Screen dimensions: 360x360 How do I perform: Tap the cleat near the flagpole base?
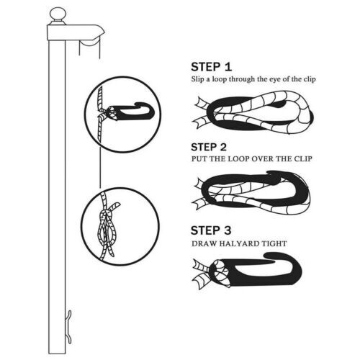pos(69,327)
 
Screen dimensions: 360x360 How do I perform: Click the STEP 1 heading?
pos(212,67)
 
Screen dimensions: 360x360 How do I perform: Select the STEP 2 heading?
pos(209,147)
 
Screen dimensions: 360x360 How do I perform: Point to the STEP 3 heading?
pos(211,230)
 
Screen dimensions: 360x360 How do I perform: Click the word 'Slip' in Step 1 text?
pos(197,79)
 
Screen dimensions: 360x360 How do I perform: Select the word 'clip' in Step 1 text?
pos(310,79)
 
